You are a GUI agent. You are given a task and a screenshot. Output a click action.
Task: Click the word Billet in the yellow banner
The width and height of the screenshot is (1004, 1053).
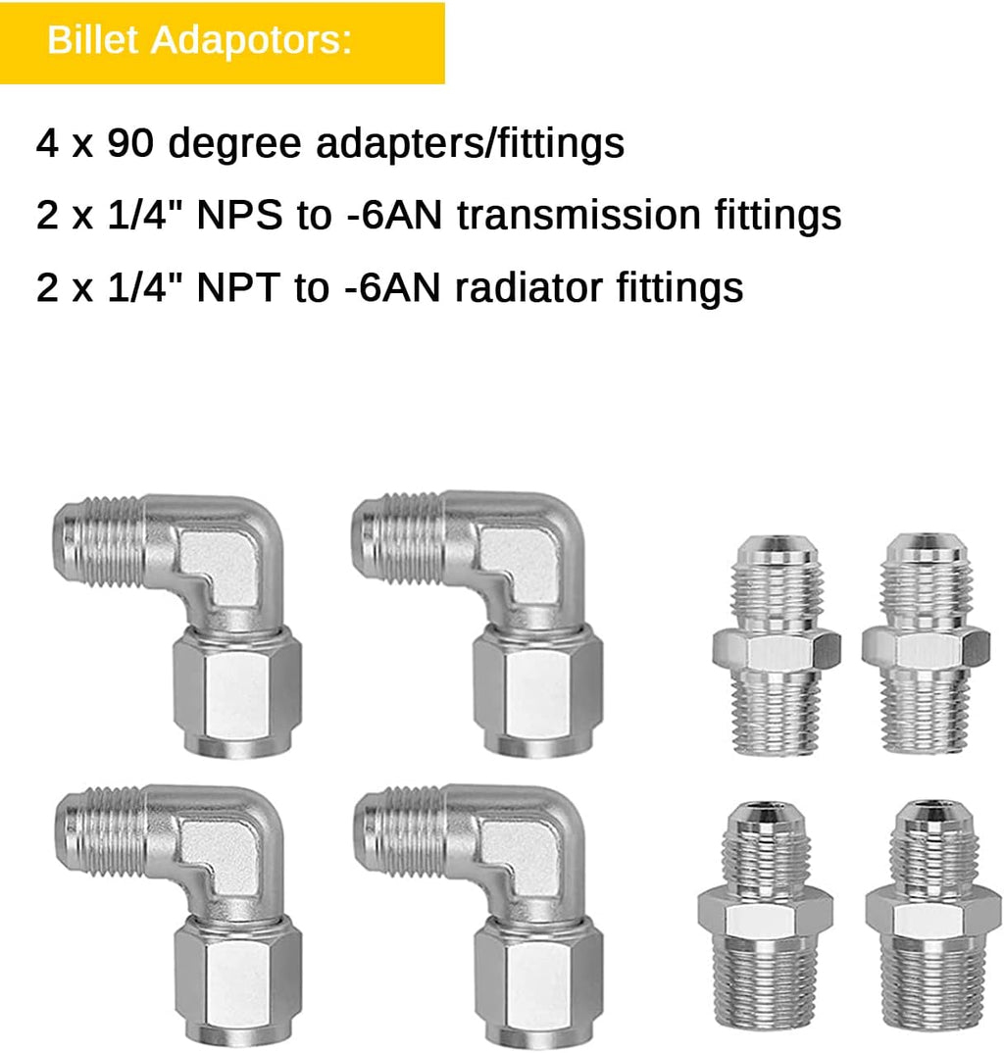[x=92, y=40]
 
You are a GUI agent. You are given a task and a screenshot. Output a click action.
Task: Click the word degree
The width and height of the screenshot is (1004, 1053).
[x=234, y=145]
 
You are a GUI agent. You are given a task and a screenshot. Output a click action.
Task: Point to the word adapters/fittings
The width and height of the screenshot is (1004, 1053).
[x=470, y=145]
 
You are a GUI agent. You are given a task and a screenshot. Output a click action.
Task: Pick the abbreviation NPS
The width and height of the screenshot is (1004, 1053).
[x=239, y=216]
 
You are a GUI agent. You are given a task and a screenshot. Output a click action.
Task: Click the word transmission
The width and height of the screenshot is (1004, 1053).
[x=578, y=216]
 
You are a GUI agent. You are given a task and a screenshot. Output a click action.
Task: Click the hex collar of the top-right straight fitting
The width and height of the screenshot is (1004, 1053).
[x=926, y=650]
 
